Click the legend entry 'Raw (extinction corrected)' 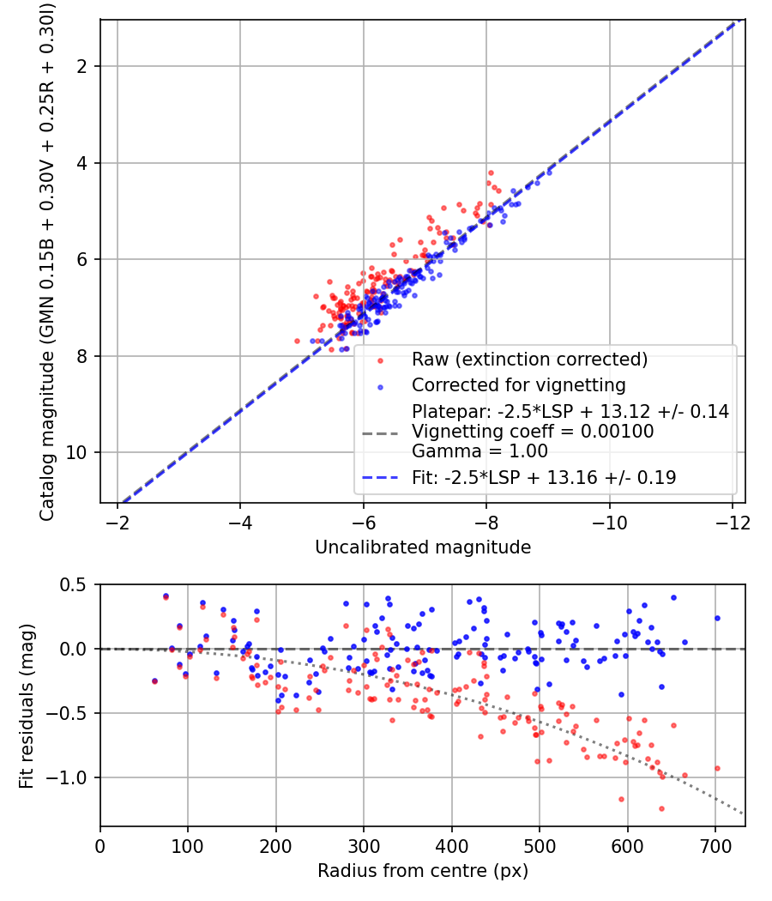[529, 360]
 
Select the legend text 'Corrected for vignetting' [519, 385]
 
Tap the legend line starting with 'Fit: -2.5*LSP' [544, 477]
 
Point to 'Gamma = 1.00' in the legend [479, 451]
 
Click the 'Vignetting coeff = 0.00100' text [533, 432]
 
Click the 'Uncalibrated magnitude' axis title [423, 547]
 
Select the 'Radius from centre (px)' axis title [423, 871]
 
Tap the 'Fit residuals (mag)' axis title [27, 706]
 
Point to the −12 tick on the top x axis [733, 523]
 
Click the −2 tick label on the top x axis [118, 523]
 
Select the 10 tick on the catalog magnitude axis [76, 453]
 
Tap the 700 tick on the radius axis [715, 846]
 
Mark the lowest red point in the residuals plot [661, 808]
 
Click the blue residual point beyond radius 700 [717, 619]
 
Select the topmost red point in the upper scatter [491, 173]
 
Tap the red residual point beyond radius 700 [717, 768]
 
